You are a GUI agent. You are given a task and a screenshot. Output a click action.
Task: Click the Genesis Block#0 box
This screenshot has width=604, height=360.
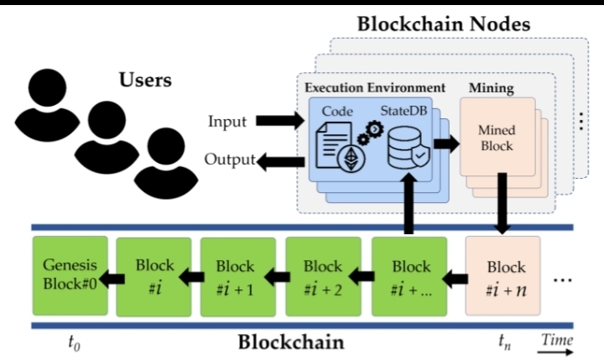pyautogui.click(x=70, y=275)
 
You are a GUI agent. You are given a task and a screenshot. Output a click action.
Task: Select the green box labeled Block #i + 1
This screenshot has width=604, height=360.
pyautogui.click(x=236, y=275)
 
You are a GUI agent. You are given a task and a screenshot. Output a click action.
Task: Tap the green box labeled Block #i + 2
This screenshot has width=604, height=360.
pyautogui.click(x=323, y=275)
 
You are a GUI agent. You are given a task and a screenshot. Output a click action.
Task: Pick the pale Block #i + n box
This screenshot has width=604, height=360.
pyautogui.click(x=506, y=275)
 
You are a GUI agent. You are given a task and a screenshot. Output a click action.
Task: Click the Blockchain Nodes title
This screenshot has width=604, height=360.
pyautogui.click(x=443, y=23)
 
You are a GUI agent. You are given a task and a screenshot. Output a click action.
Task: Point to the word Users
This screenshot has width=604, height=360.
pyautogui.click(x=145, y=81)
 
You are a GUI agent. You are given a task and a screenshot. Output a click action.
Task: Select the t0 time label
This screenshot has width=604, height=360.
pyautogui.click(x=74, y=341)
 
